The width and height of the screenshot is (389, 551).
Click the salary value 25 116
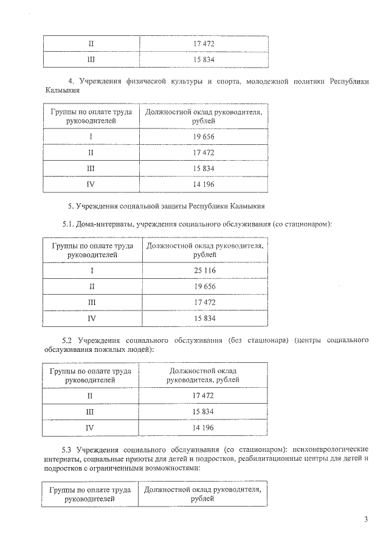point(204,270)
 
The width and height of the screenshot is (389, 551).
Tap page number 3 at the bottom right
point(366,519)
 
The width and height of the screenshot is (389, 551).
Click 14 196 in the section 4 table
point(204,184)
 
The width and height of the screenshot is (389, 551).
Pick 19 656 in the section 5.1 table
point(204,286)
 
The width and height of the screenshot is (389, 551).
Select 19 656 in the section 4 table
point(204,136)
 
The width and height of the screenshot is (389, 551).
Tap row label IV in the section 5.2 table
point(90,427)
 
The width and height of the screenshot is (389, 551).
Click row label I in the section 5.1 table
point(92,270)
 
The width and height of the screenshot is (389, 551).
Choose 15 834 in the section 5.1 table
point(204,318)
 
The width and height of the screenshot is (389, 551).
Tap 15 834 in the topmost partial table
point(204,60)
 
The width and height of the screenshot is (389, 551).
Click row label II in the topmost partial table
point(91,44)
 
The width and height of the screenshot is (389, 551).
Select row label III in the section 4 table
point(91,168)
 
